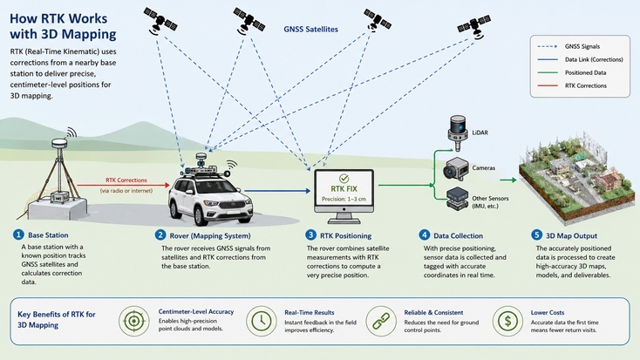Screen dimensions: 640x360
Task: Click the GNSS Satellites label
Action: coord(310,30)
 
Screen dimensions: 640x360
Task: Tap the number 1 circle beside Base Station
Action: coord(18,234)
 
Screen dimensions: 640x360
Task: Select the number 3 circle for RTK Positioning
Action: coord(310,235)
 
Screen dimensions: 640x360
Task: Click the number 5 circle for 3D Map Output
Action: coord(537,235)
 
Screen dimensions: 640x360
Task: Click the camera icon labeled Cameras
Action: coord(456,169)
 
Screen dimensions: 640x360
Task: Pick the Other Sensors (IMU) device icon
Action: coord(457,199)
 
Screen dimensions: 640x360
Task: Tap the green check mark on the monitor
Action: coord(344,179)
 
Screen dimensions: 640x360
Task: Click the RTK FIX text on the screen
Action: coord(344,189)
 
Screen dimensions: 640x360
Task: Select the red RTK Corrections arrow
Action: coord(123,186)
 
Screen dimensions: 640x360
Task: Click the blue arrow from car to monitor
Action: coord(277,191)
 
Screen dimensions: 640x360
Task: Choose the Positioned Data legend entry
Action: coord(572,72)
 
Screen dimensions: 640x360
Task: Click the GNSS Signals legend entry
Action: coord(569,46)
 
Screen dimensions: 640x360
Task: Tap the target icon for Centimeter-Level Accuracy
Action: coord(134,322)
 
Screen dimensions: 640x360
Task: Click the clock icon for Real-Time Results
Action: coord(262,322)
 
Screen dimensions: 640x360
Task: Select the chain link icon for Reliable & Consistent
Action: coord(380,322)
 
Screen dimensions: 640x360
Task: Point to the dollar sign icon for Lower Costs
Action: coord(507,322)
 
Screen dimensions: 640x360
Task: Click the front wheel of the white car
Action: coord(201,215)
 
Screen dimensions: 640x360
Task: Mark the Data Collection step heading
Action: coord(458,236)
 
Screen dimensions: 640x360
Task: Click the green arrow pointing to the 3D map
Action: coord(508,180)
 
